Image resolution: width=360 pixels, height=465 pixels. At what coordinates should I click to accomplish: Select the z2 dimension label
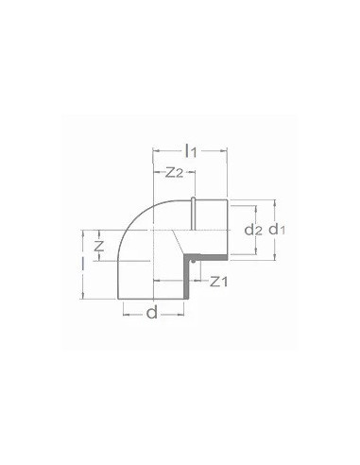click(x=174, y=172)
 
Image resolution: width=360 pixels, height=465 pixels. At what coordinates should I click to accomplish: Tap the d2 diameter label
click(x=250, y=229)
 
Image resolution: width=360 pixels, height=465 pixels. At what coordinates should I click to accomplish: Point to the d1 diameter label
click(x=275, y=230)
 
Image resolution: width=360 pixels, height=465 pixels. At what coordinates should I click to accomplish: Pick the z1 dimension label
click(x=217, y=281)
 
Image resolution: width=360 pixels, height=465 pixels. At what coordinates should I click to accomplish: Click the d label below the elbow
click(x=152, y=313)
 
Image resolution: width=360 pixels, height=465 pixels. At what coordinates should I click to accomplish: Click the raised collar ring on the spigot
click(x=193, y=228)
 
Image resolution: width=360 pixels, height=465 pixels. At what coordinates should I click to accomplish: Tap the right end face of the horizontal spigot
click(x=226, y=228)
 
